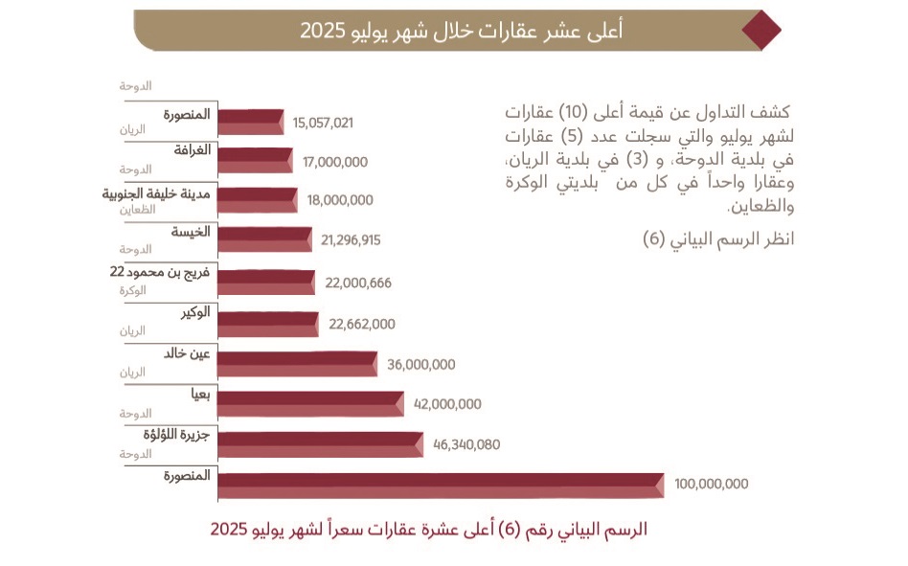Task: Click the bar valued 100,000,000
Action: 441,485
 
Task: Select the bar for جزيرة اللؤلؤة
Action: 320,444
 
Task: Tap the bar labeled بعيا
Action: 310,404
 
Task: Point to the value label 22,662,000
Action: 361,324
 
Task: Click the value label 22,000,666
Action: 358,283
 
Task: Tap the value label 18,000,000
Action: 340,200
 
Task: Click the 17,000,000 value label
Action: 334,162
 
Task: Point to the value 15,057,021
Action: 324,123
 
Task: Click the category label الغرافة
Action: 192,150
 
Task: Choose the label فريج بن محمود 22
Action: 161,273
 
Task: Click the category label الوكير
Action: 194,313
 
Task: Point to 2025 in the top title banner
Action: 321,30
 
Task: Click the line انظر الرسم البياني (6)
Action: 718,239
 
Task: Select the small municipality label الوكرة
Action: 133,289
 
